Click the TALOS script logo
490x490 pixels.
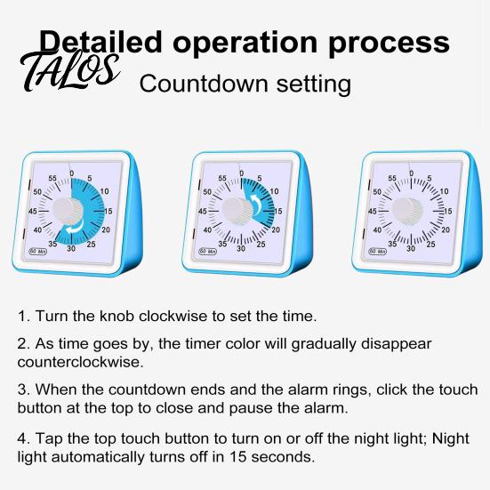(69, 71)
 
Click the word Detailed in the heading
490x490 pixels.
(100, 42)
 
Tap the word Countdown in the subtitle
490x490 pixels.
(204, 84)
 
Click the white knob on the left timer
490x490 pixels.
(68, 210)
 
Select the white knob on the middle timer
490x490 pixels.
(237, 210)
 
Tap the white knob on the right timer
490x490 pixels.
(407, 210)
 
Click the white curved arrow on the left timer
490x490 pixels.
(75, 227)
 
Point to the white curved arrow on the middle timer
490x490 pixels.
(257, 204)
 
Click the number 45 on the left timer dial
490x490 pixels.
(33, 212)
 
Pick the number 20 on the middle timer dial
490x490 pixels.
(276, 230)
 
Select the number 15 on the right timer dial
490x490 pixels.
(448, 212)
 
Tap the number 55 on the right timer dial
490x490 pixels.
(392, 178)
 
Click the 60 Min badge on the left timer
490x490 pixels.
(38, 252)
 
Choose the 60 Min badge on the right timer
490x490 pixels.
(377, 252)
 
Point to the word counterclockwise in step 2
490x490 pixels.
(80, 362)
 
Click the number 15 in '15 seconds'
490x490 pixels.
(238, 457)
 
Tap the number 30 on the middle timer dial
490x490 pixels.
(241, 249)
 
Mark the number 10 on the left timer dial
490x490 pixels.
(104, 191)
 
